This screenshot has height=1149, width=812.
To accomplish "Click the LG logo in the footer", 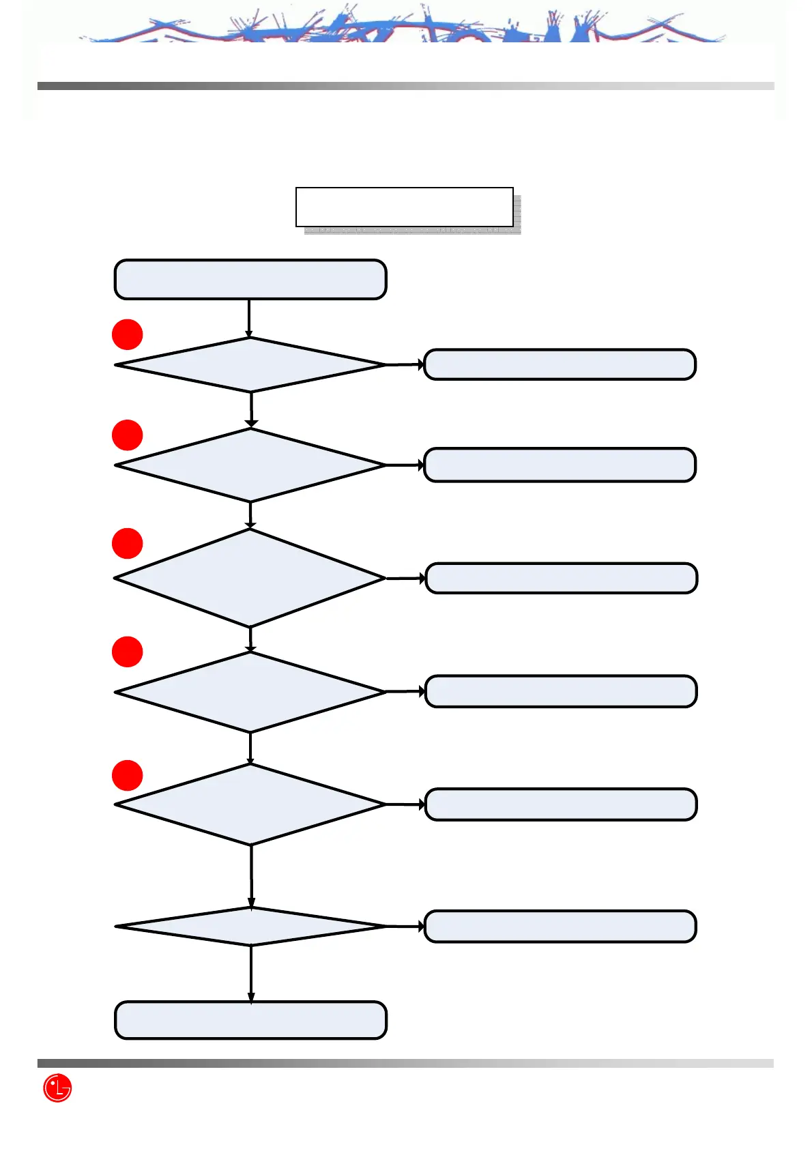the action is pyautogui.click(x=57, y=1088).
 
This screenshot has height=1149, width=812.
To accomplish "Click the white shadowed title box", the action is pyautogui.click(x=404, y=207).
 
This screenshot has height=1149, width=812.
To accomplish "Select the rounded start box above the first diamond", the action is pyautogui.click(x=250, y=279).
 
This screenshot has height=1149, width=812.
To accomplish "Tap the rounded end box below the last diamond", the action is pyautogui.click(x=250, y=1020).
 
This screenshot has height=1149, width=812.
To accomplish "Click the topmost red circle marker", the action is pyautogui.click(x=127, y=334).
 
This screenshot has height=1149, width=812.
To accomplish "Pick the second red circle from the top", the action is pyautogui.click(x=127, y=435).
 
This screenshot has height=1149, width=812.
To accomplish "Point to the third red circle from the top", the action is pyautogui.click(x=127, y=543).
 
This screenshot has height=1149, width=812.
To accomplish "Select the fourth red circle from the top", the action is pyautogui.click(x=127, y=652).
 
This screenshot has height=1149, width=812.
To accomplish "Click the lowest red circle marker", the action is pyautogui.click(x=127, y=775).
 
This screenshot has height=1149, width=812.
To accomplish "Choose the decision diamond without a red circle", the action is pyautogui.click(x=250, y=927).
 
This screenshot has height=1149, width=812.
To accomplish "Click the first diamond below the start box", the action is pyautogui.click(x=250, y=365).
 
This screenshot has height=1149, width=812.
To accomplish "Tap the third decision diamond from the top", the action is pyautogui.click(x=250, y=578).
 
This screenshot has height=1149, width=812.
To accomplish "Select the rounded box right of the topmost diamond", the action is pyautogui.click(x=560, y=364).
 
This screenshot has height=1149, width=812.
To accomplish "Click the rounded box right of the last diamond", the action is pyautogui.click(x=560, y=926).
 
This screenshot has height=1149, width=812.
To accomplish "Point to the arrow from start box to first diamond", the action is pyautogui.click(x=249, y=318).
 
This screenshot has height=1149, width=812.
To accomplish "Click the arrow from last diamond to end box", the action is pyautogui.click(x=251, y=973).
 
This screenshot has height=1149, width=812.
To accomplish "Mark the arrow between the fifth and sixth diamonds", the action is pyautogui.click(x=251, y=876).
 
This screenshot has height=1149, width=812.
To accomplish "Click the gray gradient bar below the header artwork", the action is pyautogui.click(x=405, y=86).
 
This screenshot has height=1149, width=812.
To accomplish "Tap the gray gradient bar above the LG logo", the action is pyautogui.click(x=405, y=1063).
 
